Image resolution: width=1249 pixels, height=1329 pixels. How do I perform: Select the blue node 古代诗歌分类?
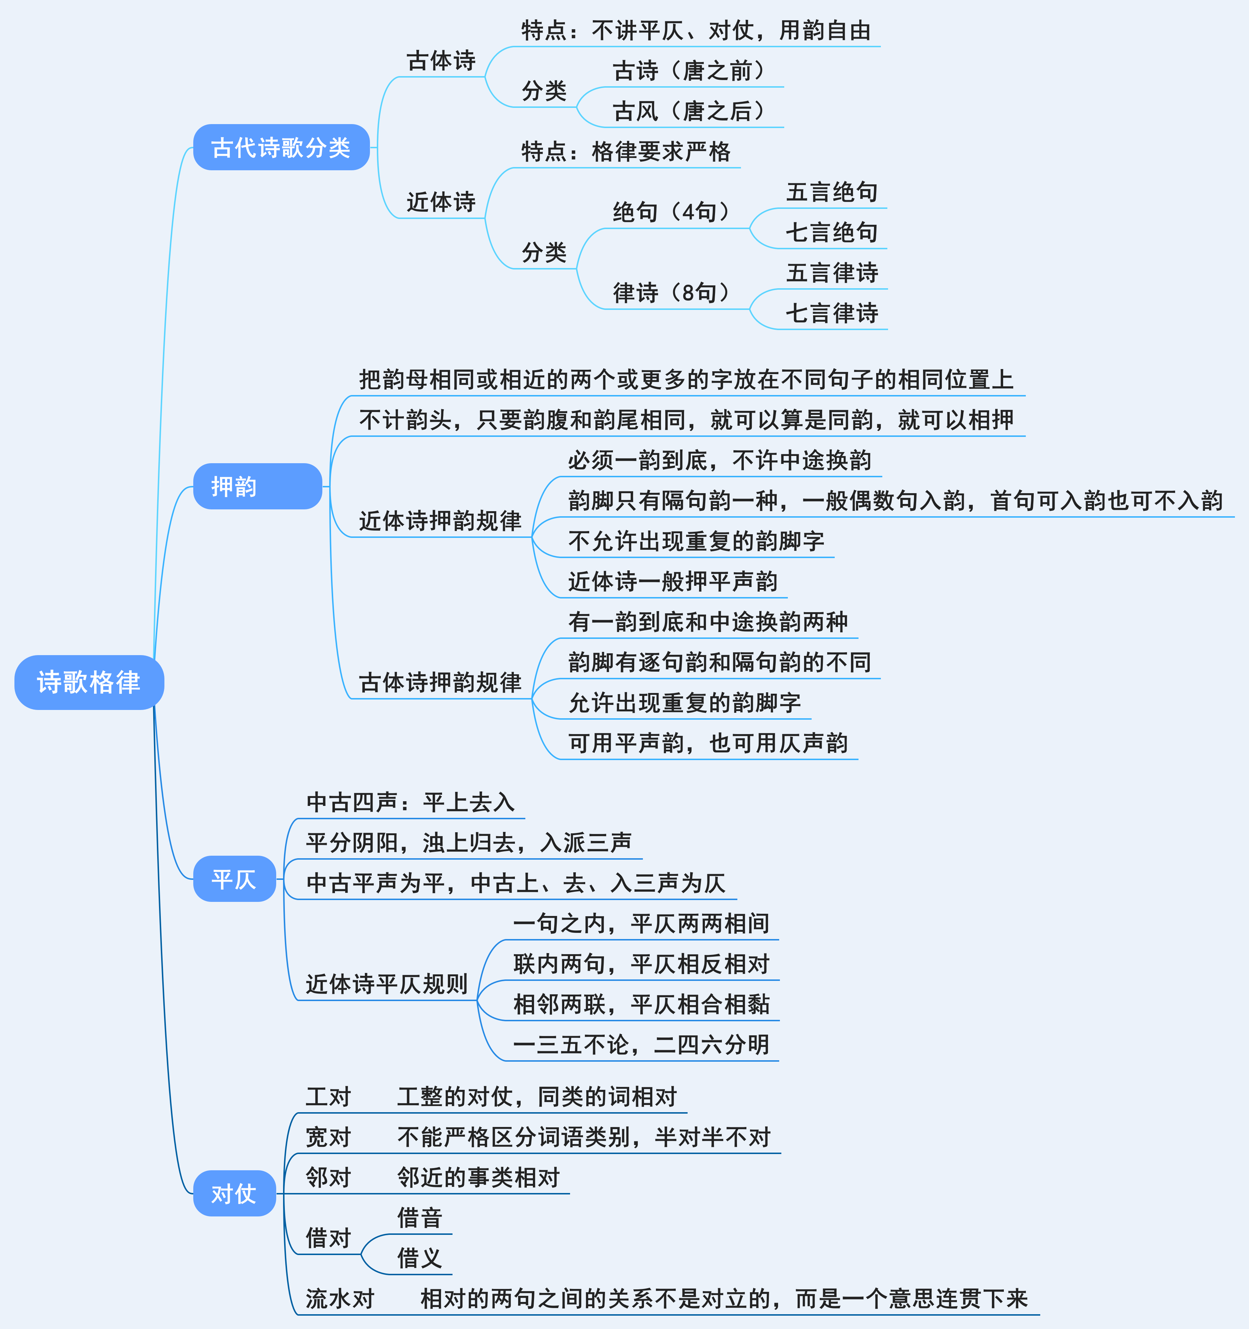[281, 147]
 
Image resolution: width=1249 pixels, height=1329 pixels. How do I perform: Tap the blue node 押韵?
[257, 486]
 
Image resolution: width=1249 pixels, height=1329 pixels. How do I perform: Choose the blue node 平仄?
[234, 878]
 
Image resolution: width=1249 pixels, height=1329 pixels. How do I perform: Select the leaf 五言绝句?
[831, 192]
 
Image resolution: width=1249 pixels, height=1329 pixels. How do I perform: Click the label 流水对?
[340, 1298]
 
